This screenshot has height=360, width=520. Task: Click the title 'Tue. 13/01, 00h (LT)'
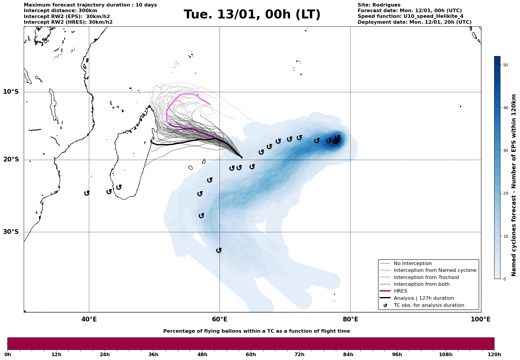pos(252,15)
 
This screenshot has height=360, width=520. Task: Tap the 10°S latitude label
pos(11,92)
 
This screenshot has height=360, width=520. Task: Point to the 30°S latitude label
pos(11,232)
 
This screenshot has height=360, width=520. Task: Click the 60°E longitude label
pos(220,320)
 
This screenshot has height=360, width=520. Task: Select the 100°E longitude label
pos(481,320)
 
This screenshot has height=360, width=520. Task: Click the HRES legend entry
pos(400,291)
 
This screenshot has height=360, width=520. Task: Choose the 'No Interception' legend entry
pos(413,264)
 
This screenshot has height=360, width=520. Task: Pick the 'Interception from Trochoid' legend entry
pos(426,277)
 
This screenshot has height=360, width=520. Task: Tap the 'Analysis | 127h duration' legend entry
pos(424,298)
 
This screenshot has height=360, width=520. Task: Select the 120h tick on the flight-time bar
pos(494,354)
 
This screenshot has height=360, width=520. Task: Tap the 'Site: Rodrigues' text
pos(379,5)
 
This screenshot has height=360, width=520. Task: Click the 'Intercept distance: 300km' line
pos(60,11)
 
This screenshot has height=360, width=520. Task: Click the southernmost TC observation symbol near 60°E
pos(219,250)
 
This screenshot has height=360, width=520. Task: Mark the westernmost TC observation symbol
pos(87,193)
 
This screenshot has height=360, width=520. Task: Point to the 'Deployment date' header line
pos(414,22)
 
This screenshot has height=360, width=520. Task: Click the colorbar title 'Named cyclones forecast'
pos(514,185)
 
